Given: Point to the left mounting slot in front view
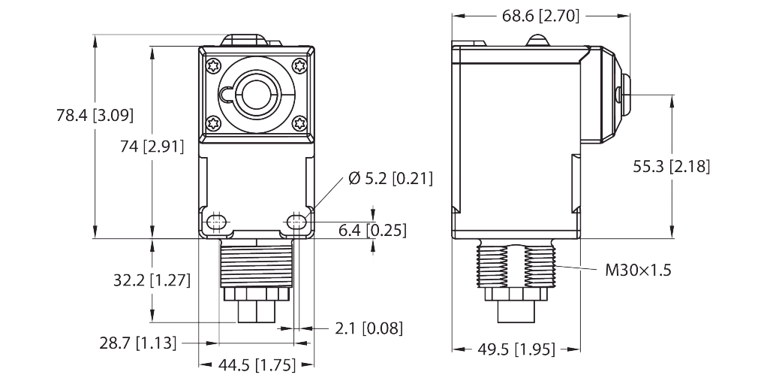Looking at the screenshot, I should (x=218, y=222).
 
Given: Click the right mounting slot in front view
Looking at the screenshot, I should (x=296, y=222).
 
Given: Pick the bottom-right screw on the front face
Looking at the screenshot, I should (x=300, y=122).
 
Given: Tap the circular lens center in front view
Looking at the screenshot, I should (x=255, y=94).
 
